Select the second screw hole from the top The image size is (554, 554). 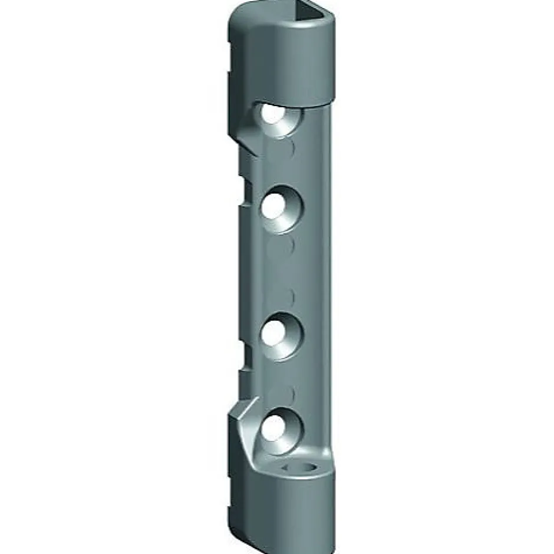[275, 205]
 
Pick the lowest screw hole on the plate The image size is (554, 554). [273, 426]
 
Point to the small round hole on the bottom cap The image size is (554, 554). [301, 467]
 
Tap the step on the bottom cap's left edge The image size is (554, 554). [232, 507]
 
